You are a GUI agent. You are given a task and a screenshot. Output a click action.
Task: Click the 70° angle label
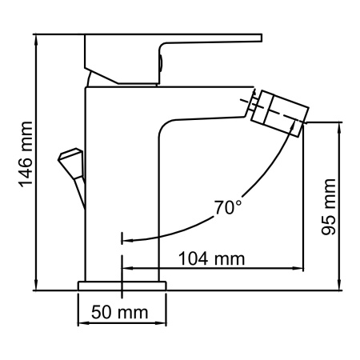(227, 207)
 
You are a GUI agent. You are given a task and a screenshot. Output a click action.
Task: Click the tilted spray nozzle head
(279, 111)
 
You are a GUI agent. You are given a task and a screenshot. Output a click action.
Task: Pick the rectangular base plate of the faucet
(122, 286)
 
